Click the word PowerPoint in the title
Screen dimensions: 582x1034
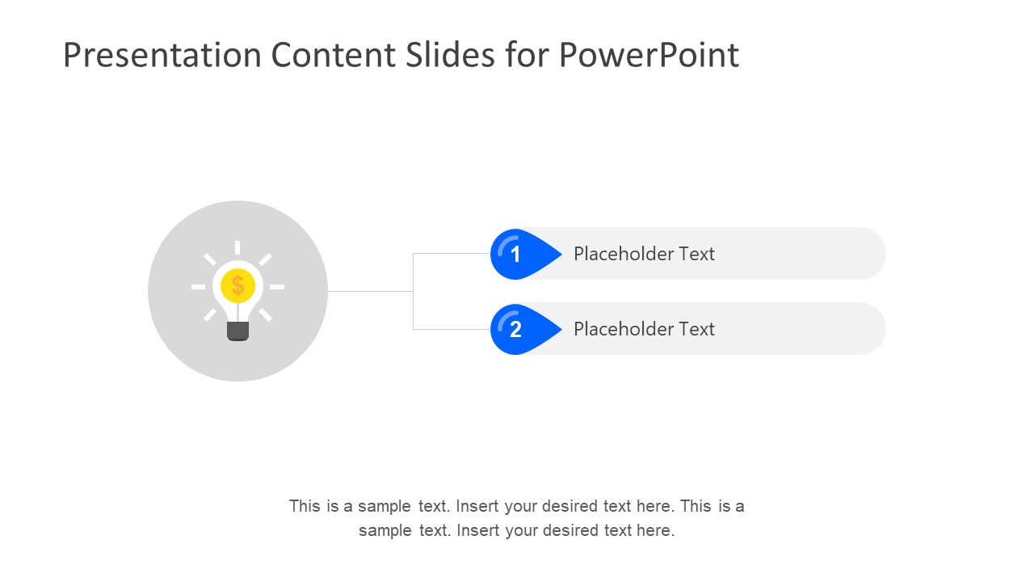pyautogui.click(x=648, y=55)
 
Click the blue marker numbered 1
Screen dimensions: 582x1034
pyautogui.click(x=516, y=254)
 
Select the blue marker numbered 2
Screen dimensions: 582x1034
pyautogui.click(x=516, y=329)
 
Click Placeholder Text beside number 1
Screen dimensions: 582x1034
pyautogui.click(x=644, y=254)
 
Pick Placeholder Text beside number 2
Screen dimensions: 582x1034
pyautogui.click(x=644, y=329)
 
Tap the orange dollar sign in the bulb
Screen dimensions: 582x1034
pyautogui.click(x=237, y=285)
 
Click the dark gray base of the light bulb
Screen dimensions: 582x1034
pyautogui.click(x=237, y=330)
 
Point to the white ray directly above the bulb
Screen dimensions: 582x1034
pyautogui.click(x=237, y=248)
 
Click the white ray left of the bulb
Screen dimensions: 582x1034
pyautogui.click(x=198, y=287)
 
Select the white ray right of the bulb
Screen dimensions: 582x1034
pyautogui.click(x=277, y=287)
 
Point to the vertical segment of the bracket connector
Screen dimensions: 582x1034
pyautogui.click(x=413, y=291)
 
